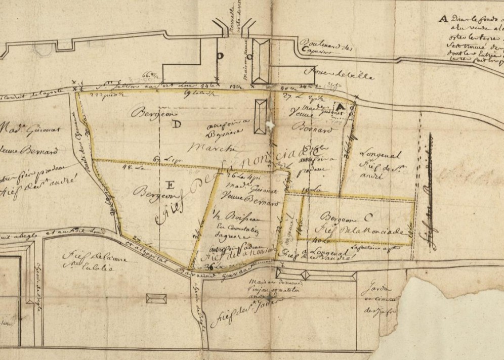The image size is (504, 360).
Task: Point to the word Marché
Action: [x=204, y=149]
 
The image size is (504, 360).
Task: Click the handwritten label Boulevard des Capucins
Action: [x=320, y=47]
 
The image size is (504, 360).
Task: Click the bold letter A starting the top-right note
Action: [x=443, y=19]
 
